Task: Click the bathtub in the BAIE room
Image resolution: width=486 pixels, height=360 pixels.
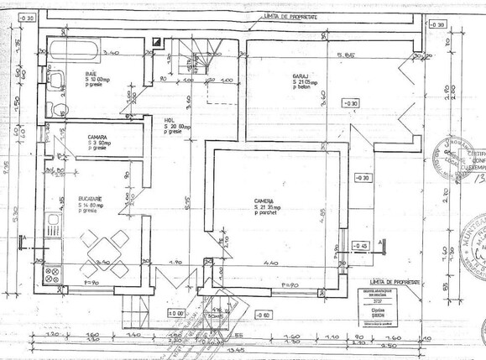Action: tap(68, 49)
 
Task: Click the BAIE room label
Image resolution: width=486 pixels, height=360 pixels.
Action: tap(90, 75)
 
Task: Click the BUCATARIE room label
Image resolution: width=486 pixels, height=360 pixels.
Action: tap(94, 200)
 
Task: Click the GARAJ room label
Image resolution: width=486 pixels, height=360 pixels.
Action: tap(301, 75)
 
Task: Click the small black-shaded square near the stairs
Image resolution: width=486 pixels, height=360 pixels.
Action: tap(157, 39)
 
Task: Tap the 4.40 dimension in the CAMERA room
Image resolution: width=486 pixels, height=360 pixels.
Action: tap(273, 263)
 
